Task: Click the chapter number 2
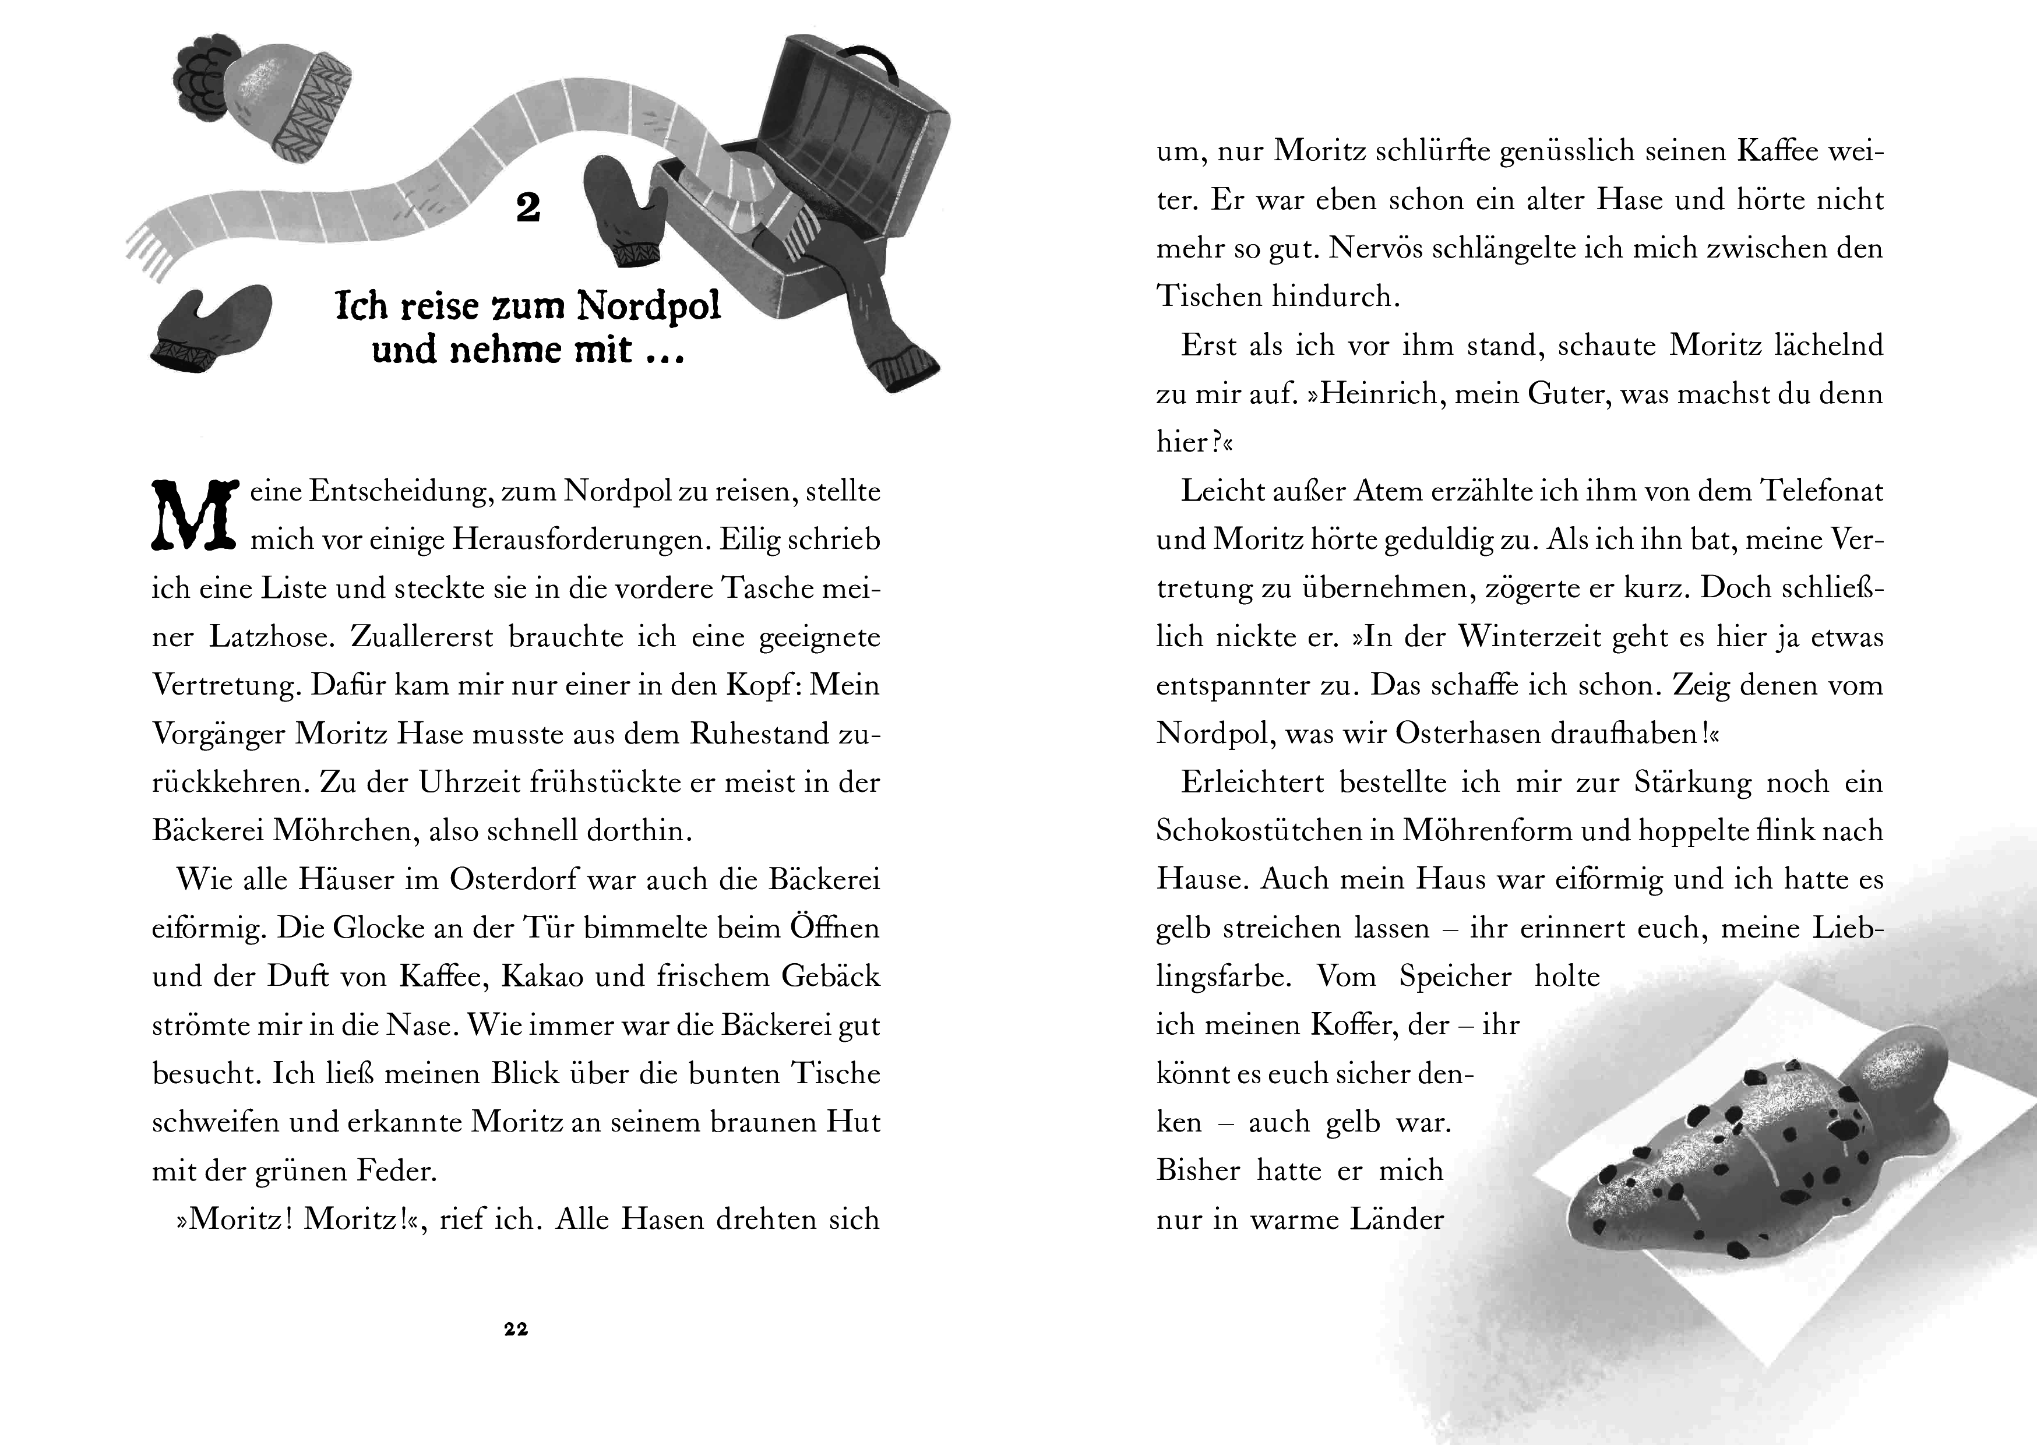coord(528,208)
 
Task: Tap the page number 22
coord(516,1329)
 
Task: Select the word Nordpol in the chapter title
coord(649,305)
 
